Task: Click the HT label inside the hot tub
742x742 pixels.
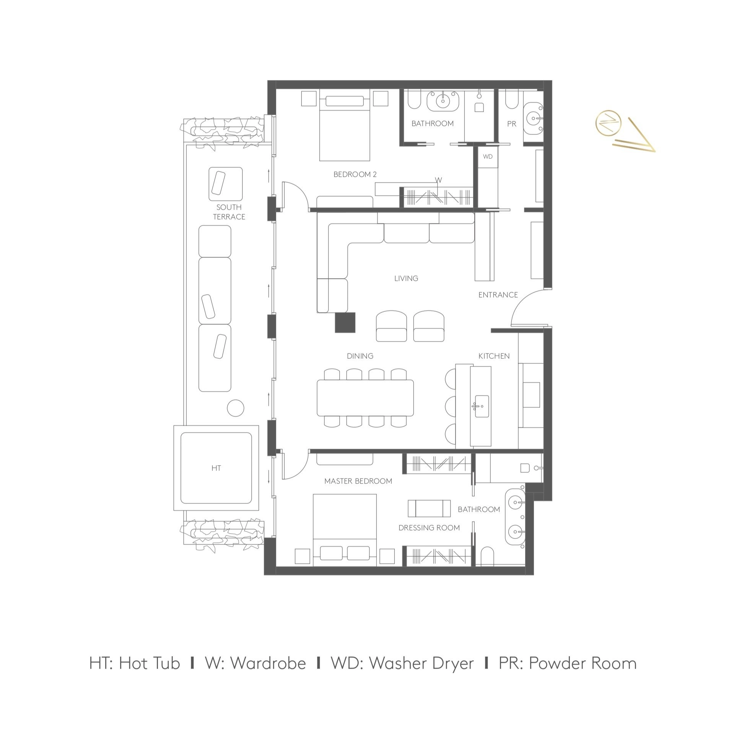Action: tap(216, 468)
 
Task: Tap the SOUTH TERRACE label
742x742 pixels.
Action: tap(229, 212)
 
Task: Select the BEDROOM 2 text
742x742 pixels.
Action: tap(355, 174)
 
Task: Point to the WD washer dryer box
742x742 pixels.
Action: tap(488, 157)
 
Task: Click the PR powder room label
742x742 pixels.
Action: tap(512, 124)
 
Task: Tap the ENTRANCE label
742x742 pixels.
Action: tap(498, 295)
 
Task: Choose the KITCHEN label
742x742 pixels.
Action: tap(494, 356)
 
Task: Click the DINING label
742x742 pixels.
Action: tap(360, 356)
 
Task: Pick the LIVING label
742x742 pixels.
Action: tap(406, 278)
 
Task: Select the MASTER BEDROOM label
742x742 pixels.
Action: tap(358, 481)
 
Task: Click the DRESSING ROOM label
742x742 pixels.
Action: tap(430, 528)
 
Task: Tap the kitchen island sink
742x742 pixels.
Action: tap(482, 406)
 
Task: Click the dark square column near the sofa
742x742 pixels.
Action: tap(345, 322)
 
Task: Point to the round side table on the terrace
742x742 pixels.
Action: tap(236, 408)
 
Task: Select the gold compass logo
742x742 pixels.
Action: tap(625, 130)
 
